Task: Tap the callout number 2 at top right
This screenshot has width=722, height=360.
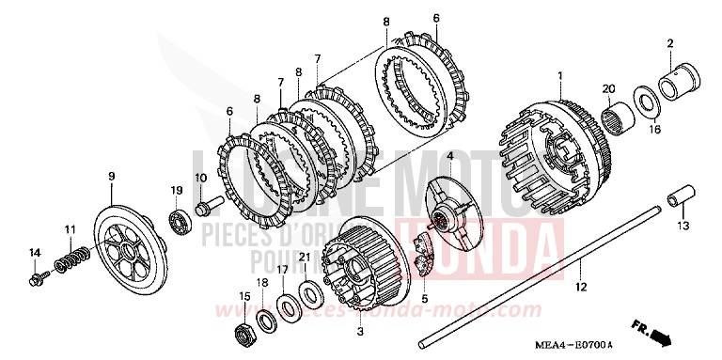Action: pos(670,43)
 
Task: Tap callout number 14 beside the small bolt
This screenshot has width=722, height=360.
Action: pos(34,252)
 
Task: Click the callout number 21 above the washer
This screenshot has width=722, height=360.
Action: pos(303,257)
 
